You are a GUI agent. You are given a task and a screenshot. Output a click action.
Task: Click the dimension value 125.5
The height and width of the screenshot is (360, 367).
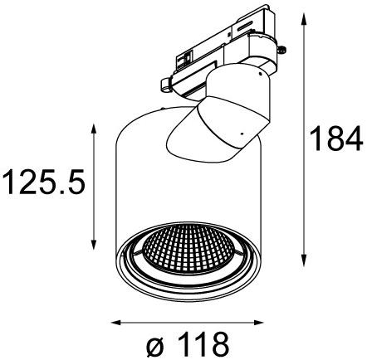pyautogui.click(x=43, y=180)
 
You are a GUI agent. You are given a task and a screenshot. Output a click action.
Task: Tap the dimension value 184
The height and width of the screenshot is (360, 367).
pyautogui.click(x=336, y=138)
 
